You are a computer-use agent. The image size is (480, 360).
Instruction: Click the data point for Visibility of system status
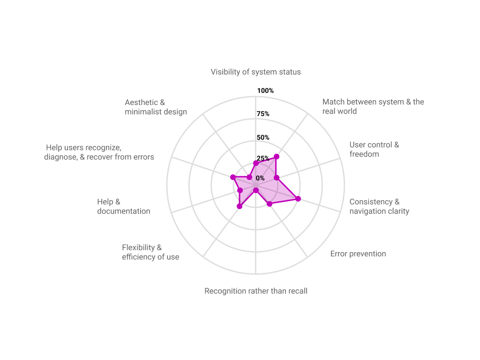coord(256,163)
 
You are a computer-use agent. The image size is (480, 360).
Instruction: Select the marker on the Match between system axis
coord(277,157)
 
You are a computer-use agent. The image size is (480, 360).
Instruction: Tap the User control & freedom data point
coord(277,178)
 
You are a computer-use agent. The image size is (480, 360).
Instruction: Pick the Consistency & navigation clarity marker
coord(298,199)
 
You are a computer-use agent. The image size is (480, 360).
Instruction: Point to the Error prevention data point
coord(270,204)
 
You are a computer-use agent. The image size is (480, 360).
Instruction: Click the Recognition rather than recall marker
coord(256,191)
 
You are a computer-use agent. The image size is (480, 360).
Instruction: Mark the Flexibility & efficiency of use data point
coord(240,206)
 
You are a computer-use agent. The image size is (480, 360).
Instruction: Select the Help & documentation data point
coord(240,190)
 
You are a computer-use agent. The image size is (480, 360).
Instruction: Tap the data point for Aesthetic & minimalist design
coord(249,177)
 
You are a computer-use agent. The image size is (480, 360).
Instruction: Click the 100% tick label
coord(265,90)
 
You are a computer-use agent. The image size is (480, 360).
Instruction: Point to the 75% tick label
coord(263,114)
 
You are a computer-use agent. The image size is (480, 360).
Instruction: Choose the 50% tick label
coord(263,137)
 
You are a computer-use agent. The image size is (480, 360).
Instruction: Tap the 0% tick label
coord(260,178)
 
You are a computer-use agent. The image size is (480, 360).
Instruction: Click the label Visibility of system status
coord(255,72)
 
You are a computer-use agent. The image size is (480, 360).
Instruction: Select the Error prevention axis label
coord(358,254)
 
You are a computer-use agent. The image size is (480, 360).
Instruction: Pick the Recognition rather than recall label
coord(256,291)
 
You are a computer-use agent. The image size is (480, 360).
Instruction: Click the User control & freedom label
coord(374,150)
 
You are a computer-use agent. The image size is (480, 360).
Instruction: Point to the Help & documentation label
coord(124,206)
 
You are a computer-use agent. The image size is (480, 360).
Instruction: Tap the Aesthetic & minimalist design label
coord(156,107)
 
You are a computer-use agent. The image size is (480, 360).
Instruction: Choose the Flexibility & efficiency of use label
coord(150,252)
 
